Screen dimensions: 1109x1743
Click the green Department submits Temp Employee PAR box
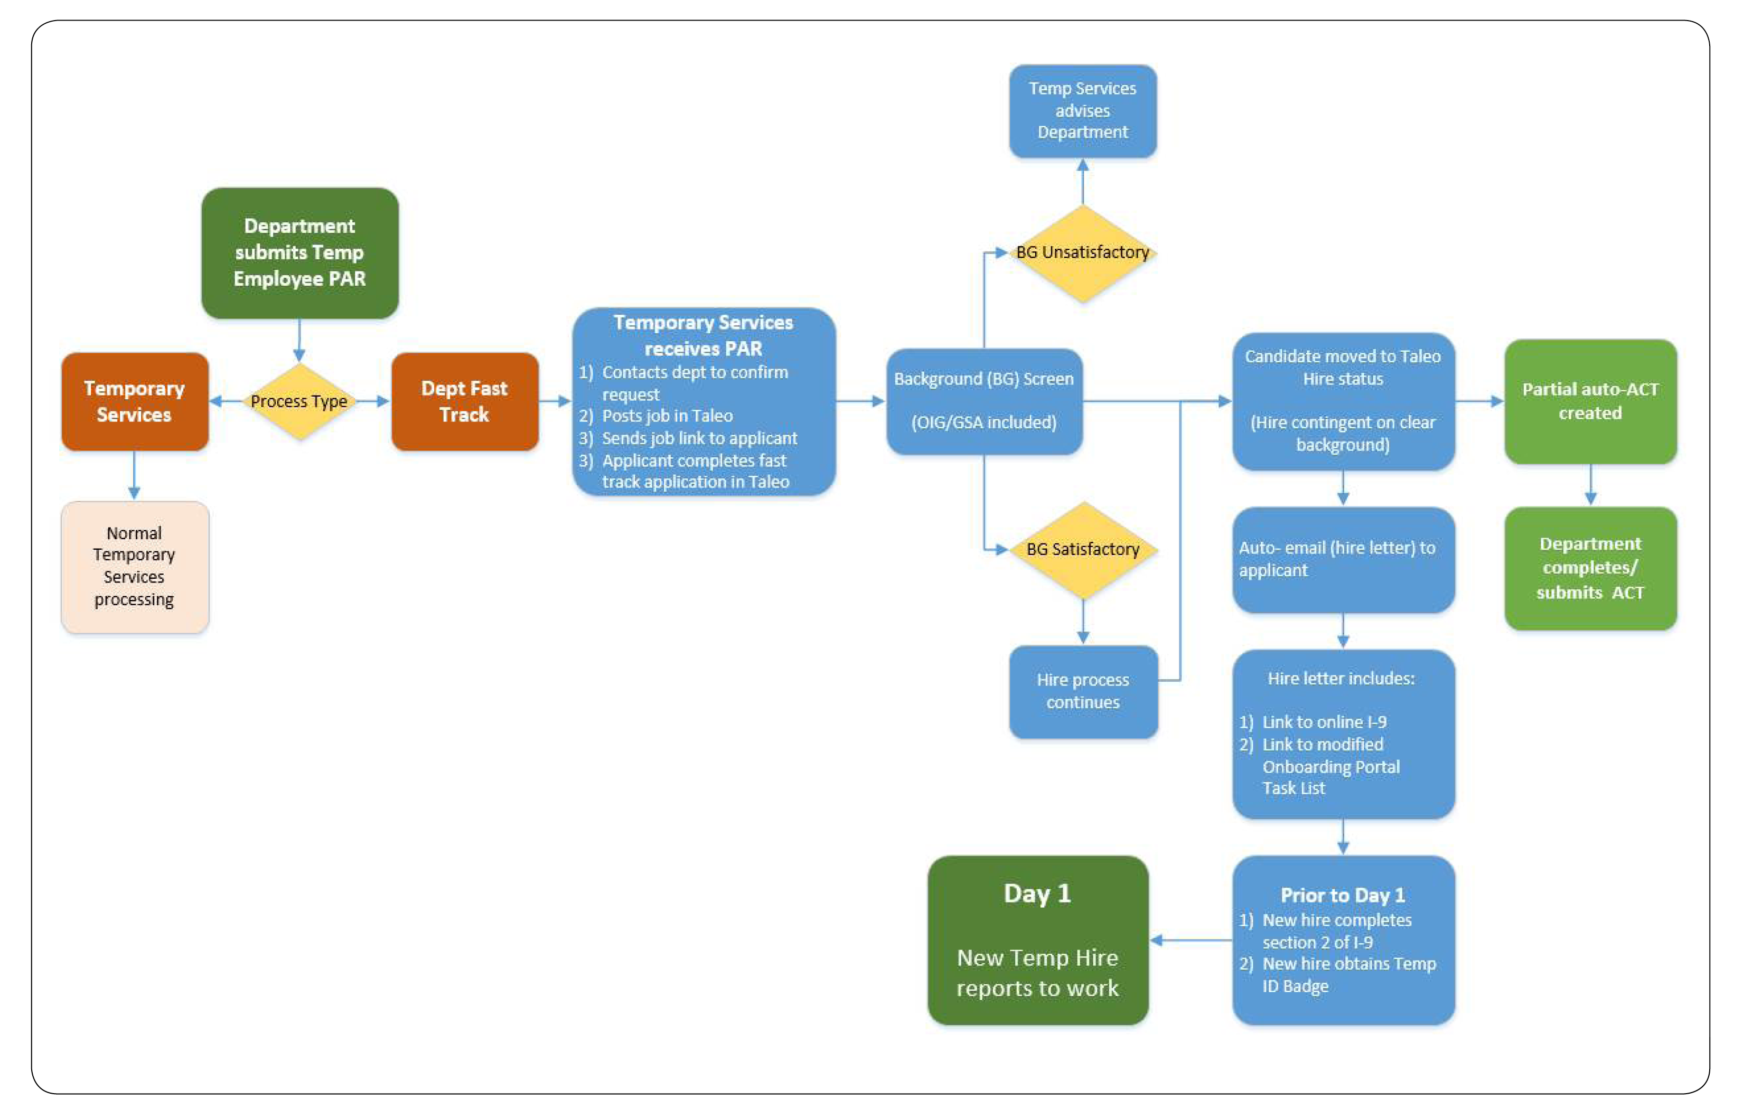pos(299,252)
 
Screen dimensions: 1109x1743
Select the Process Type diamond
pos(299,401)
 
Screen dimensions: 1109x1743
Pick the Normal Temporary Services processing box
pos(135,566)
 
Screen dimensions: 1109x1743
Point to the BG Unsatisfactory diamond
pos(1082,252)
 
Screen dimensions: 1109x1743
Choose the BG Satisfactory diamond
pos(1082,549)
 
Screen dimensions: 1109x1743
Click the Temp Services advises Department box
pos(1082,111)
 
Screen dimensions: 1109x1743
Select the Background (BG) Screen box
pos(983,401)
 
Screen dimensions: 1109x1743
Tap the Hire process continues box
pos(1082,691)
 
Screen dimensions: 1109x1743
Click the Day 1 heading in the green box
pos(1037,894)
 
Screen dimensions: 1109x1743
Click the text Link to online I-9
pos(1324,722)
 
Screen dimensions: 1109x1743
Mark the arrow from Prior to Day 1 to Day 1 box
pos(1190,941)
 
